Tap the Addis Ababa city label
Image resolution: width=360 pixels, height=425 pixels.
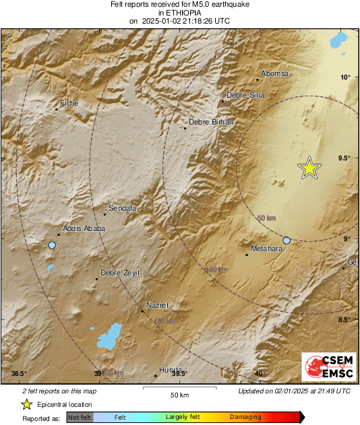pos(84,228)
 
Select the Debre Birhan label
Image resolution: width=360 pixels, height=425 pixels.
pos(211,122)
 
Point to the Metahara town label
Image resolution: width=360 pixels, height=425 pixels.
pos(265,249)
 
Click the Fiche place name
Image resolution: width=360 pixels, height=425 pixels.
pos(69,103)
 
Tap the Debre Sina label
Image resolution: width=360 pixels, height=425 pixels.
pos(245,96)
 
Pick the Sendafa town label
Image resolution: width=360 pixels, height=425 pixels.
pos(123,209)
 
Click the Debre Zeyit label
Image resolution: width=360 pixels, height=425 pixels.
pos(120,273)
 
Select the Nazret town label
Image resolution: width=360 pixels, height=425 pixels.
pos(158,305)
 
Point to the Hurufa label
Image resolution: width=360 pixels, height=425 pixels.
pos(171,370)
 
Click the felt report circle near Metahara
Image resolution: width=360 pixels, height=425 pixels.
pos(287,240)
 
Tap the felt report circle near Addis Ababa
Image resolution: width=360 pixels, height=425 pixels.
pos(52,245)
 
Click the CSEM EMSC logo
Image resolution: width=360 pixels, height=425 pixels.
pos(326,367)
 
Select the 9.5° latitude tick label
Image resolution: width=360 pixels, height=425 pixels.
pos(344,158)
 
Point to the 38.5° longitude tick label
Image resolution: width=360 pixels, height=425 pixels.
pos(19,374)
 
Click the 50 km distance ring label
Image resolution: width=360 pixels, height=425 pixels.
pos(267,218)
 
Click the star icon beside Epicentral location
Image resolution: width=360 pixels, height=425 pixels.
pos(26,404)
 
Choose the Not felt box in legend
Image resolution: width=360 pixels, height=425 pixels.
pos(80,417)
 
